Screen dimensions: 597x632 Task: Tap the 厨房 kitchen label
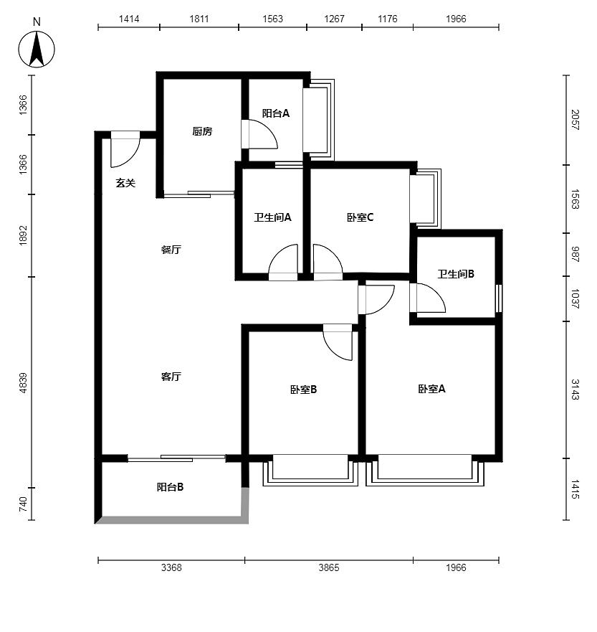[202, 131]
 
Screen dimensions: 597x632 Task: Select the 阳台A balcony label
[276, 113]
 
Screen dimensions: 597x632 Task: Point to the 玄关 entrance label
[125, 183]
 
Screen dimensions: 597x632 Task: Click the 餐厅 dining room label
[171, 250]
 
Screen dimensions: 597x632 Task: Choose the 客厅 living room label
[171, 377]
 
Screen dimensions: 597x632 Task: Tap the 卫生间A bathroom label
[272, 217]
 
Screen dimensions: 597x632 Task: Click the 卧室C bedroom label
[360, 217]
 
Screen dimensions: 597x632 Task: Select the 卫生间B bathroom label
[456, 274]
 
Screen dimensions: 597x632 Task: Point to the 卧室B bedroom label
[304, 390]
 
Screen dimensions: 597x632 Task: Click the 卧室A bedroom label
[431, 389]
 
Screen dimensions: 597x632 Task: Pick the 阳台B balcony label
[170, 487]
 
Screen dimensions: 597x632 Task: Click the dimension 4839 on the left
[24, 383]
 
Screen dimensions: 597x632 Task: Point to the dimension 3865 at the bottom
[329, 567]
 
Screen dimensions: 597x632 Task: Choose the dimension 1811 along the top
[199, 19]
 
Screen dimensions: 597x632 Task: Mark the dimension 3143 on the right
[575, 390]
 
